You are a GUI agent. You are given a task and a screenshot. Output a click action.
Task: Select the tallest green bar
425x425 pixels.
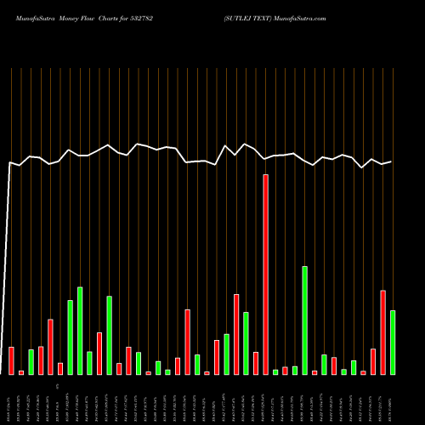pyautogui.click(x=304, y=320)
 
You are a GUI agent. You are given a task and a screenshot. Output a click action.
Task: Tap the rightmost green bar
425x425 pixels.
pyautogui.click(x=393, y=343)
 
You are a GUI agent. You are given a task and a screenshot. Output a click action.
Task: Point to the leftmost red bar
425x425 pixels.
pyautogui.click(x=11, y=360)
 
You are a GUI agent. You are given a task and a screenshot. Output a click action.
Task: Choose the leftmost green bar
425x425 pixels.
pyautogui.click(x=31, y=362)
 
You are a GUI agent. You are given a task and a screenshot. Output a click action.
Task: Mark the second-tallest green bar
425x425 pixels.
pyautogui.click(x=80, y=331)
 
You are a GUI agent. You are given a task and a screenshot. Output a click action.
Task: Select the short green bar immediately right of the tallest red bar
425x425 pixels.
pyautogui.click(x=275, y=371)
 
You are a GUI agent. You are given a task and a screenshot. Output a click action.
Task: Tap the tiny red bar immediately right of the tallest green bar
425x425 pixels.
pyautogui.click(x=314, y=372)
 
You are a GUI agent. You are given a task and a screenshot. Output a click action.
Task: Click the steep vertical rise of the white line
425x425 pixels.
pyautogui.click(x=8, y=255)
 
